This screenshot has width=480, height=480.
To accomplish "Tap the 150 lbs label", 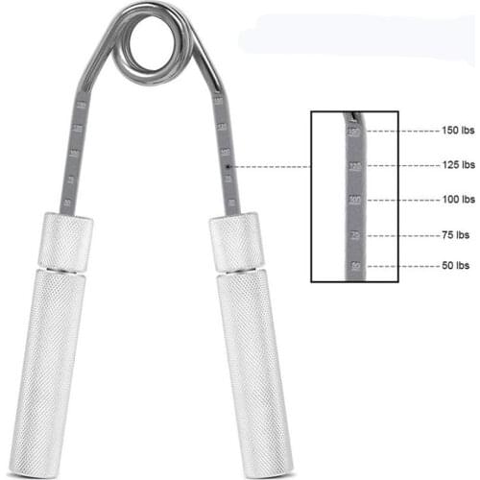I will pyautogui.click(x=453, y=131).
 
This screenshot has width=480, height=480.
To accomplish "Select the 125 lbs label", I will pyautogui.click(x=453, y=165).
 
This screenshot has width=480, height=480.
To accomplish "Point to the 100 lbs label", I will pyautogui.click(x=453, y=200).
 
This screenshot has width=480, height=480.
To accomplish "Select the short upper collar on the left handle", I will pyautogui.click(x=66, y=242).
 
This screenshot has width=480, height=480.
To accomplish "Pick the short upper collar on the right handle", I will pyautogui.click(x=236, y=242).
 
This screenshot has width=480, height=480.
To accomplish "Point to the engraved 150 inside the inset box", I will pyautogui.click(x=354, y=132).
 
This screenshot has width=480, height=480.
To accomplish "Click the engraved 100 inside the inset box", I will pyautogui.click(x=355, y=200).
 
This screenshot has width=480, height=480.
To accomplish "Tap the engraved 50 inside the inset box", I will pyautogui.click(x=356, y=266).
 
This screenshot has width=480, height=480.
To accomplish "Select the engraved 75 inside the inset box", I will pyautogui.click(x=355, y=233).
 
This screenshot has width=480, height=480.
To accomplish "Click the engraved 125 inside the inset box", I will pyautogui.click(x=355, y=165).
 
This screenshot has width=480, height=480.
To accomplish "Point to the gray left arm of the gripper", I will pyautogui.click(x=75, y=154).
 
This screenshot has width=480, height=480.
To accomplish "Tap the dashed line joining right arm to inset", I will pyautogui.click(x=274, y=166).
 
